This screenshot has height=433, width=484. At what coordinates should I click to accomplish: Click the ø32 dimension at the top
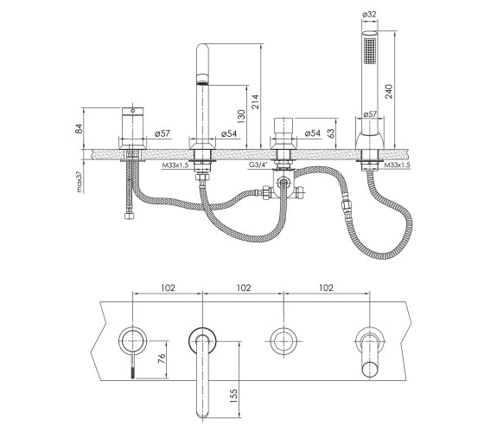tap(370, 14)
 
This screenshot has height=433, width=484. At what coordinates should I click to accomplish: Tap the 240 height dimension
tap(389, 91)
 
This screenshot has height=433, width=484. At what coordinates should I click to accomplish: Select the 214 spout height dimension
tap(256, 102)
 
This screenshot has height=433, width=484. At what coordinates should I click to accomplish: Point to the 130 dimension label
tap(241, 117)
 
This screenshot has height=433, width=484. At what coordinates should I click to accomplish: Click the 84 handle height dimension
tap(79, 128)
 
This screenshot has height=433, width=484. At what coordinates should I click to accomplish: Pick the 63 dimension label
tap(330, 133)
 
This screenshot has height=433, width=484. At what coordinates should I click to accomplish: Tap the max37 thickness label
tap(80, 182)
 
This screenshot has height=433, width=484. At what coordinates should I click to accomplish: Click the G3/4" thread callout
tap(258, 165)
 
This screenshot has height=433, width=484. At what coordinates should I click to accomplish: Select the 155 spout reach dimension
tap(233, 396)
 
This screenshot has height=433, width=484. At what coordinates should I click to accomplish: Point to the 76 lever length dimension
tap(161, 359)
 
